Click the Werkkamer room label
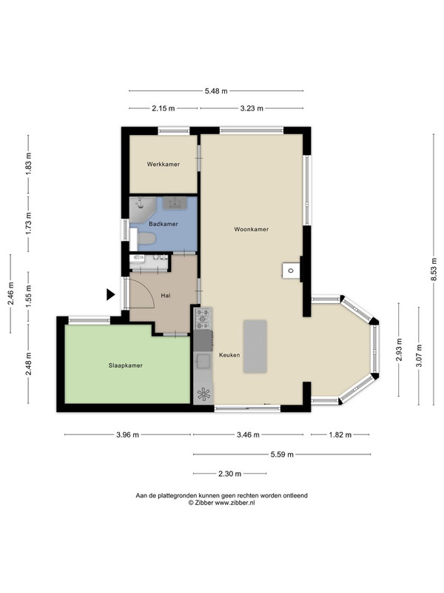[163, 165]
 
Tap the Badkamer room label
[163, 224]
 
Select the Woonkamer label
[252, 229]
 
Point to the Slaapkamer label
[125, 365]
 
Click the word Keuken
[229, 355]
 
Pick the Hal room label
[165, 295]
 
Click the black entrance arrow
[110, 294]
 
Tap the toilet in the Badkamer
[146, 239]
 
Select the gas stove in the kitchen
[203, 319]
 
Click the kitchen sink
[203, 361]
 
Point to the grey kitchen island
[255, 346]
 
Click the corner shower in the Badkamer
[142, 208]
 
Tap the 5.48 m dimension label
[216, 91]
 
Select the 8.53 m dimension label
[434, 269]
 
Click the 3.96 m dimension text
[127, 435]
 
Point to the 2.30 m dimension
[229, 474]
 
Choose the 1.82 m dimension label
[340, 435]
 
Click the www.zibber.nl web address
[235, 503]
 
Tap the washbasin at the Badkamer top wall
[175, 203]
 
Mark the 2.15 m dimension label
[164, 108]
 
